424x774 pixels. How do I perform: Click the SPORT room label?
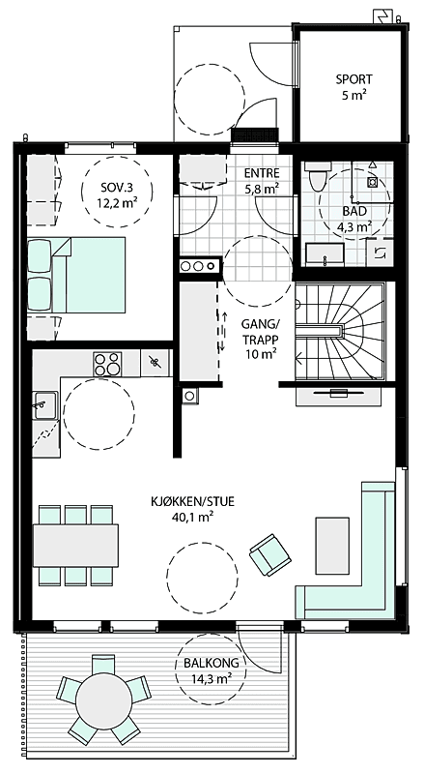click(x=353, y=87)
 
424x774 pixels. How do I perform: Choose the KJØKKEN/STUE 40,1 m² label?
click(x=191, y=509)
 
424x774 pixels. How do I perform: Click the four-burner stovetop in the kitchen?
click(x=106, y=365)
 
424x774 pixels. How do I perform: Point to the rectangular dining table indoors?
click(x=75, y=545)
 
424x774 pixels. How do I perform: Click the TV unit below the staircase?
click(x=336, y=397)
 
